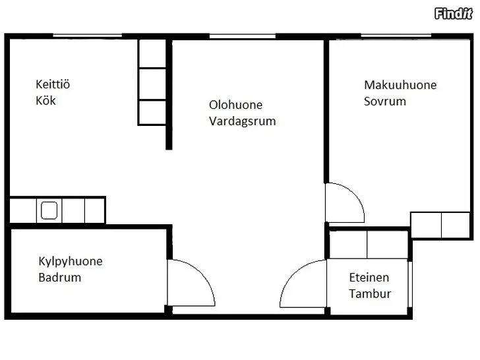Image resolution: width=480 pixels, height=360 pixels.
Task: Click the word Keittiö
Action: [x=53, y=84]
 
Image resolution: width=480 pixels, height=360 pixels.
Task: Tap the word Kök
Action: [x=45, y=100]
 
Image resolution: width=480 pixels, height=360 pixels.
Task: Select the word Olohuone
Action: [x=236, y=105]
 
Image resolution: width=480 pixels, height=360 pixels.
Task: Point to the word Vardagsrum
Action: [x=243, y=121]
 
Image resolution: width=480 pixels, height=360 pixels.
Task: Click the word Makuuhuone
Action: [x=400, y=85]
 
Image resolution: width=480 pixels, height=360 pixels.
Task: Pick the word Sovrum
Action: [x=385, y=101]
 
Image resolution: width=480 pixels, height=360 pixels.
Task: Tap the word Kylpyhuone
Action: [x=71, y=261]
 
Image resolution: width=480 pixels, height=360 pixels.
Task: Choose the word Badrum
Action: [x=60, y=278]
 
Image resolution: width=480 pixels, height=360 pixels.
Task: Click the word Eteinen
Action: [x=369, y=278]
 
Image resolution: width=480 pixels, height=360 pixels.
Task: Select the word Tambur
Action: [x=370, y=293]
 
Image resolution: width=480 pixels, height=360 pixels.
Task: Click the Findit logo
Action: [x=454, y=13]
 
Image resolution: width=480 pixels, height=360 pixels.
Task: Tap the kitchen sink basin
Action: [x=49, y=210]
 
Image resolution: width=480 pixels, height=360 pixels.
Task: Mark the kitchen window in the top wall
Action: [x=88, y=36]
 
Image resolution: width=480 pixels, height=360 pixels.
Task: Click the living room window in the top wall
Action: [x=243, y=36]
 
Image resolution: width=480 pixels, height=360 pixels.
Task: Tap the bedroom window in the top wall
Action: [x=396, y=36]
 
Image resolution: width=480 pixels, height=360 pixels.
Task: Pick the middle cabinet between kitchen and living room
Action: [x=152, y=84]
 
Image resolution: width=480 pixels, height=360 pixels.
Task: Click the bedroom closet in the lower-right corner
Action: [x=440, y=225]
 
